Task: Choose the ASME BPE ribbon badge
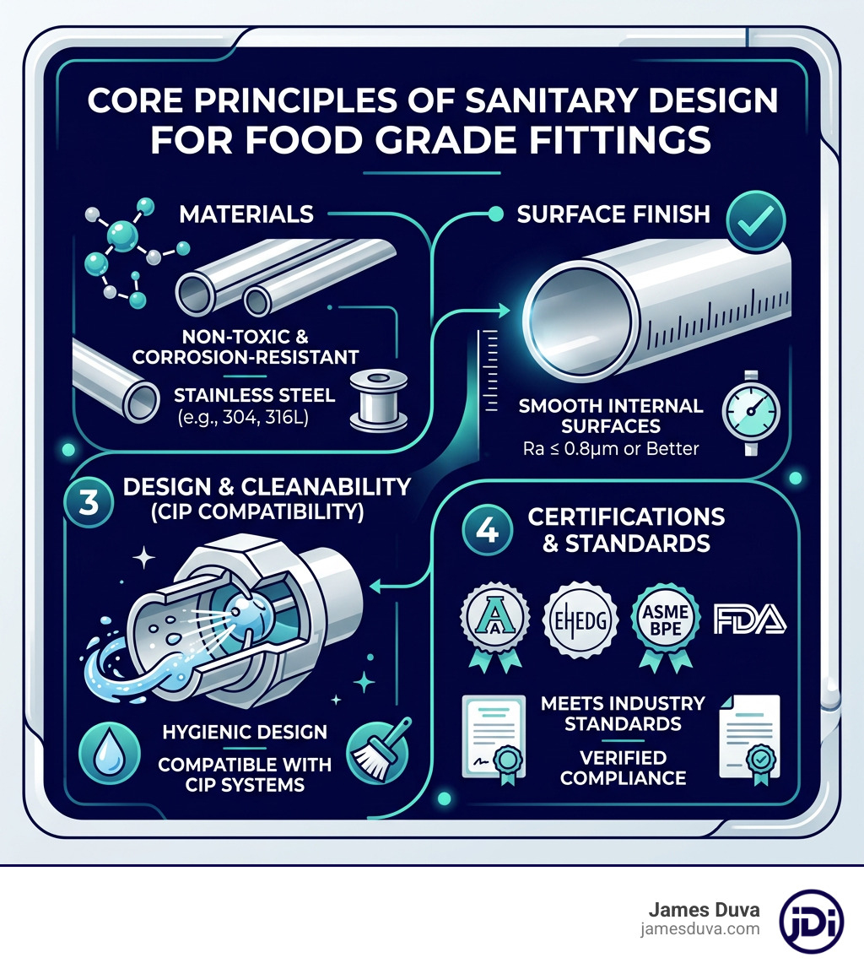click(x=661, y=622)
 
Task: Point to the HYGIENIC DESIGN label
click(x=245, y=733)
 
